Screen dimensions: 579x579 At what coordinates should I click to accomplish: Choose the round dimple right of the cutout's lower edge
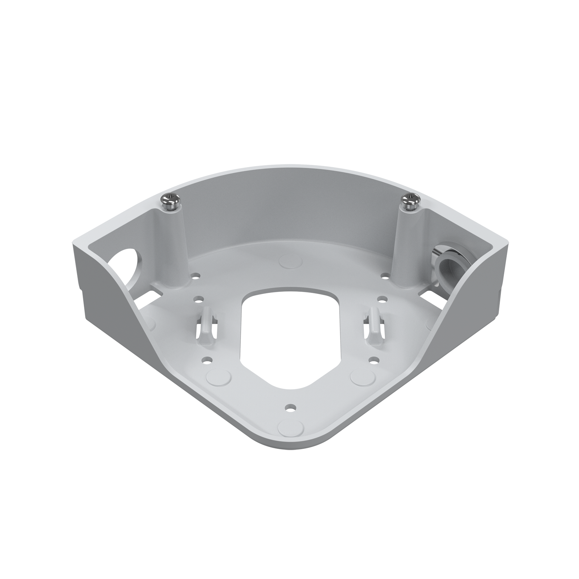362,377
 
